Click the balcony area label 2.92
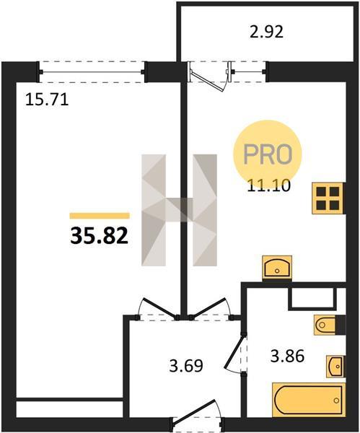(266, 32)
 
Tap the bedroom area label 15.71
(47, 100)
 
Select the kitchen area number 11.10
(269, 185)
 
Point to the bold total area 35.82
(100, 236)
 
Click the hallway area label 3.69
(186, 365)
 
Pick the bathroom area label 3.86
(287, 356)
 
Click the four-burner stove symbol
(328, 198)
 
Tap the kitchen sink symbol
(277, 268)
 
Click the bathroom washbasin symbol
(335, 366)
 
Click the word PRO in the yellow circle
(268, 154)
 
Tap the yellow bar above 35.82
(100, 216)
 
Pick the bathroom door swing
(234, 353)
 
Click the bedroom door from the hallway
(158, 309)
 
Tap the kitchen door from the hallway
(211, 309)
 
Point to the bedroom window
(92, 72)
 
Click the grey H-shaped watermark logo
(179, 210)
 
